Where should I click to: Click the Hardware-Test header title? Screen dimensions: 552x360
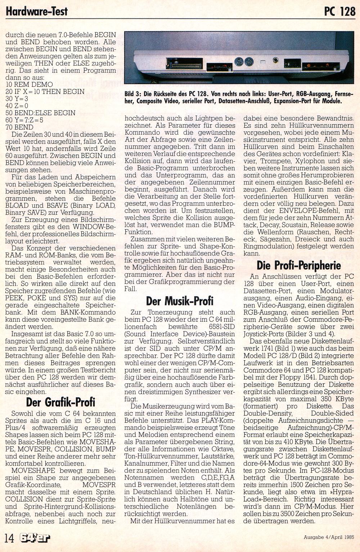click(x=37, y=11)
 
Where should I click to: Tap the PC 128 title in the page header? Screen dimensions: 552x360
click(x=339, y=11)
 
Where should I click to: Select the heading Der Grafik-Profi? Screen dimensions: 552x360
click(x=60, y=402)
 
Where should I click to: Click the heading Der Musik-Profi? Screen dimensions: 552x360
click(x=180, y=300)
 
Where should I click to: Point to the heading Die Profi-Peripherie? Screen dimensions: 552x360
click(x=298, y=266)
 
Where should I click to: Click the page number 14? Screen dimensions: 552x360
click(x=9, y=538)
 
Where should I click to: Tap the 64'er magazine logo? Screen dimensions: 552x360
click(x=35, y=538)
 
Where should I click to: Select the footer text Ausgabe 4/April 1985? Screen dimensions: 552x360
click(x=329, y=538)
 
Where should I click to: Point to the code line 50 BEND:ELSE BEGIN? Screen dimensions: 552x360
click(x=40, y=113)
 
